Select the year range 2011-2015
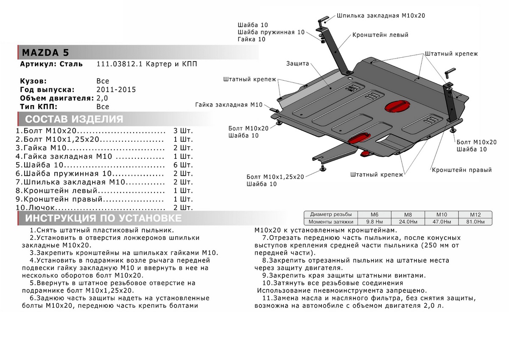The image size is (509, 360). (116, 90)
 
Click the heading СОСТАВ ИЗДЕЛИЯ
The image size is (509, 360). (74, 119)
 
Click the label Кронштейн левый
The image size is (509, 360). (380, 35)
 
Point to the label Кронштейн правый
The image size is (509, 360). (462, 170)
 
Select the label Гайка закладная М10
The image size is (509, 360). (229, 105)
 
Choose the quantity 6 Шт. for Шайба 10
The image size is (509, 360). (183, 164)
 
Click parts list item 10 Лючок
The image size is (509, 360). (40, 208)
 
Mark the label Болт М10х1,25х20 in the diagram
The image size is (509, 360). (275, 177)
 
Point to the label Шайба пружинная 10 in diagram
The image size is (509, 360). (271, 32)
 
